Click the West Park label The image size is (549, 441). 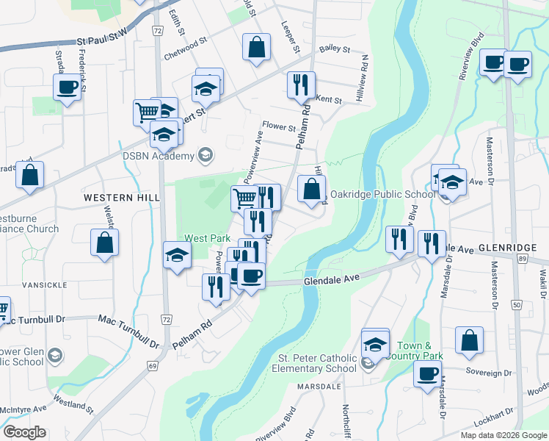208,238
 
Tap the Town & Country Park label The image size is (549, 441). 421,351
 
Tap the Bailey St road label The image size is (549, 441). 334,49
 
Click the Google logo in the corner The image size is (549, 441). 24,432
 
